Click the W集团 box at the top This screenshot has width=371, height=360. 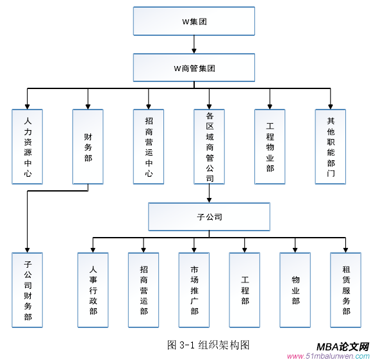tap(194, 21)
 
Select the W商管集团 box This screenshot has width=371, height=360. tap(194, 68)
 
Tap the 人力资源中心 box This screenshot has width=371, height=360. tap(27, 147)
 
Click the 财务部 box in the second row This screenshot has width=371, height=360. tap(88, 147)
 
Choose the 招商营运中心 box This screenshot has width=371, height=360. tap(149, 147)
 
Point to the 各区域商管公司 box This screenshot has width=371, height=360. tap(210, 147)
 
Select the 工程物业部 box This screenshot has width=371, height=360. tap(270, 147)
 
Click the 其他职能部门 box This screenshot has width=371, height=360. tap(331, 147)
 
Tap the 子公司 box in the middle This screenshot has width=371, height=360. tap(210, 217)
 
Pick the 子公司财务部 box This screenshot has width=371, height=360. tap(27, 290)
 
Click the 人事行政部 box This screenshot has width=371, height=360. tap(93, 290)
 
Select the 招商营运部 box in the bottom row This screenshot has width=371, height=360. tap(144, 290)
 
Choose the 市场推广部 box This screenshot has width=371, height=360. tap(194, 290)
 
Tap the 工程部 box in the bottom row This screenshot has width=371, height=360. tap(245, 290)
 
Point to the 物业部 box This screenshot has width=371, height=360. tap(295, 290)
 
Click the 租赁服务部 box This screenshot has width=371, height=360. tap(346, 290)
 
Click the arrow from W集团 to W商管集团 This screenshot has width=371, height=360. tap(194, 44)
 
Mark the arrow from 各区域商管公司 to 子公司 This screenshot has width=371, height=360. tap(210, 193)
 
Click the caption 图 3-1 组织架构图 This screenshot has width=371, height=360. tap(208, 345)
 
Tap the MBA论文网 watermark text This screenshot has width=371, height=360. tap(343, 347)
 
